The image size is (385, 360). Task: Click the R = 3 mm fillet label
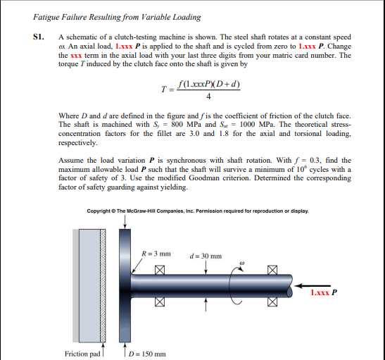click(x=156, y=253)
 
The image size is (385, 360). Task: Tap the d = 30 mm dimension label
click(x=206, y=256)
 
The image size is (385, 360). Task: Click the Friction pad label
click(x=82, y=353)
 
